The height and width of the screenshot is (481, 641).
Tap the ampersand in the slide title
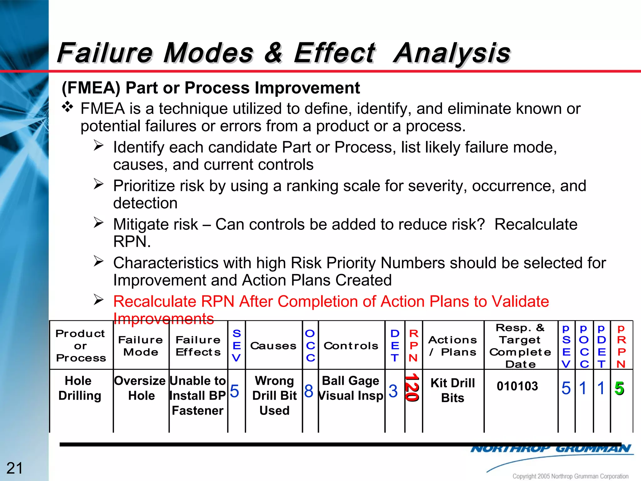click(274, 53)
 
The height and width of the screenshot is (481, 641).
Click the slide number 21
click(14, 468)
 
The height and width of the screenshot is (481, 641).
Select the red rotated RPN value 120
click(412, 388)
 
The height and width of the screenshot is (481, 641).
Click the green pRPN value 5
click(619, 388)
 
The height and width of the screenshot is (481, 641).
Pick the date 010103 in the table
click(517, 386)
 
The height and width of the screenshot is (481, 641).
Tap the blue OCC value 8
click(309, 391)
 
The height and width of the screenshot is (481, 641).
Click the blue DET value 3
click(393, 391)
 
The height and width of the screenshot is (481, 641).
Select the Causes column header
click(273, 346)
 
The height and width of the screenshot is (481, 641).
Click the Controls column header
click(351, 346)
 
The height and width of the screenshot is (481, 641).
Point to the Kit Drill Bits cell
click(453, 390)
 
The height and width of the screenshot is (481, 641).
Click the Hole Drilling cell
click(79, 388)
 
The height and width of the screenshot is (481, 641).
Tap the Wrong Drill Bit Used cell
click(274, 395)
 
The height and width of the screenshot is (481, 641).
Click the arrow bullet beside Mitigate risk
click(99, 223)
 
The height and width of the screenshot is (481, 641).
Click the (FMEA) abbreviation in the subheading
click(91, 88)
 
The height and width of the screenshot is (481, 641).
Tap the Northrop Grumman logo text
click(551, 449)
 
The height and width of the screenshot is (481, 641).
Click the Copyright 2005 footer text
click(570, 476)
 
